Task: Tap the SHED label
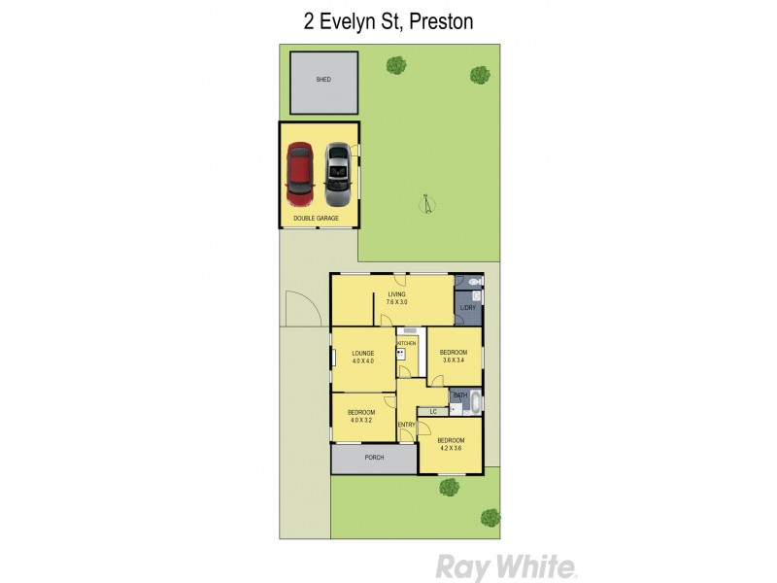pyautogui.click(x=323, y=80)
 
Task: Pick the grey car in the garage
pyautogui.click(x=337, y=169)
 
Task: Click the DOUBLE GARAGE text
pyautogui.click(x=317, y=219)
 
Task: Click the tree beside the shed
pyautogui.click(x=395, y=66)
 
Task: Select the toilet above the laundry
pyautogui.click(x=473, y=282)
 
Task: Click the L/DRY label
pyautogui.click(x=467, y=308)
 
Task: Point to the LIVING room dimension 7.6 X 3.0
pyautogui.click(x=396, y=302)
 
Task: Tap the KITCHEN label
pyautogui.click(x=407, y=344)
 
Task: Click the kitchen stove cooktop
pyautogui.click(x=400, y=355)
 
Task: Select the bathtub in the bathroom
pyautogui.click(x=476, y=402)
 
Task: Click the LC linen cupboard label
pyautogui.click(x=433, y=412)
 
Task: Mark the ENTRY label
pyautogui.click(x=407, y=425)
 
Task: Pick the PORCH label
pyautogui.click(x=374, y=458)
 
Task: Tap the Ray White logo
pyautogui.click(x=506, y=566)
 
